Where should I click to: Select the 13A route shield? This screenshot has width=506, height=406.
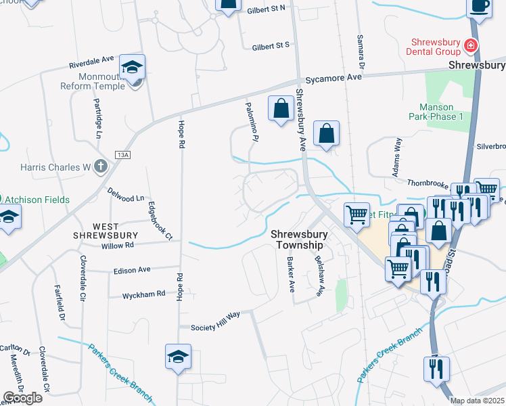point(122,154)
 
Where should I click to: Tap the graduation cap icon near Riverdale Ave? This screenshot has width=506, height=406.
point(133,67)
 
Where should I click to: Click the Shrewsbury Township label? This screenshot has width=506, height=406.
point(300,240)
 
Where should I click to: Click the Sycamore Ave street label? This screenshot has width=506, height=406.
point(333,78)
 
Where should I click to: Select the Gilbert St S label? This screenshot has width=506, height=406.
point(271,45)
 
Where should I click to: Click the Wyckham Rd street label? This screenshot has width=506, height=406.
point(143,295)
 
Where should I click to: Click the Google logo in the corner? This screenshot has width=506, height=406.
point(22,398)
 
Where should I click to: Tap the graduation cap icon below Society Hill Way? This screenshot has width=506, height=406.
point(179,357)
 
